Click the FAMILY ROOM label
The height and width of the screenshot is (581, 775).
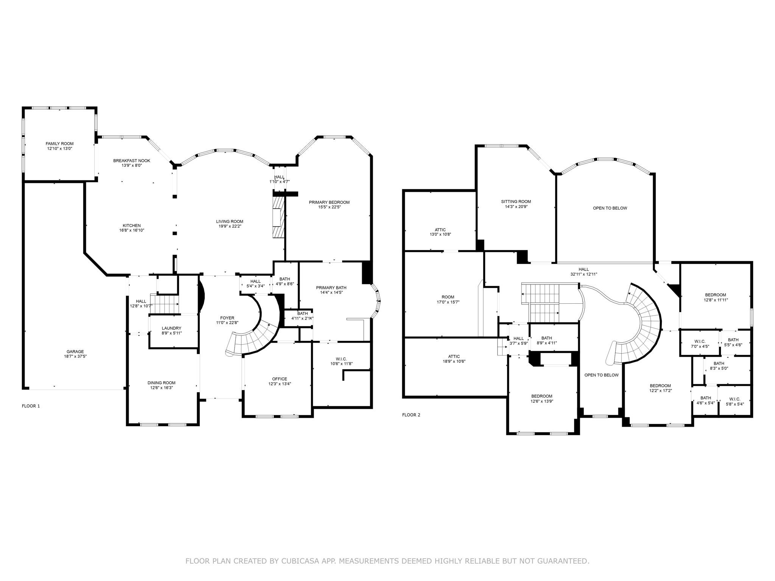[x=59, y=144]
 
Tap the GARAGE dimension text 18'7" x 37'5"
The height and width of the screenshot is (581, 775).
[x=75, y=356]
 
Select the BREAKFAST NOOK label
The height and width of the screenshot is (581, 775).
[x=132, y=161]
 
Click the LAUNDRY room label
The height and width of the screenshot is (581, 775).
[x=171, y=328]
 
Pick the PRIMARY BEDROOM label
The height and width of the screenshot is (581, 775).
[x=329, y=202]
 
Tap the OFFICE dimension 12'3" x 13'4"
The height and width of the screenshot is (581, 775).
[x=279, y=384]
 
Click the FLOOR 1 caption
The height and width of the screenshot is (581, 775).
[x=31, y=406]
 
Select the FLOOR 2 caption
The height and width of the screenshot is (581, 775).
[x=411, y=415]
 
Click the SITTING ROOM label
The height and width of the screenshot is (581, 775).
[x=516, y=202]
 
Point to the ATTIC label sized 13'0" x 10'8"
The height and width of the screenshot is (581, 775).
[x=440, y=230]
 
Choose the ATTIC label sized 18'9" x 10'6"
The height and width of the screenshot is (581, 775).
[x=454, y=356]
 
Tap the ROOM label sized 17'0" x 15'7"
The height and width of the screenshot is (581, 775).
[x=448, y=297]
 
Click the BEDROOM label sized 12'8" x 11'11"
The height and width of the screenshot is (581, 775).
[x=715, y=295]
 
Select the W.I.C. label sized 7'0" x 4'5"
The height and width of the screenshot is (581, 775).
[x=700, y=341]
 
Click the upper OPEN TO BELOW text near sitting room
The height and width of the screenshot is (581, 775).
[x=610, y=208]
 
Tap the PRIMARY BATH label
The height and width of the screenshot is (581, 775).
[x=331, y=287]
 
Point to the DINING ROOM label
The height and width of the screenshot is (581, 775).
[x=161, y=383]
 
